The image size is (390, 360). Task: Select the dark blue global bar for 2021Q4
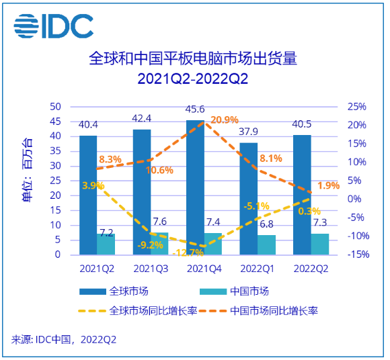(195, 187)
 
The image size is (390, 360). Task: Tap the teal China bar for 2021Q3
(159, 243)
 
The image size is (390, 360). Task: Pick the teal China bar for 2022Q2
(319, 244)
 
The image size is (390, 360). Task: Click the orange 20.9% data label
(224, 120)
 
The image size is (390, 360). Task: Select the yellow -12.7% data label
(187, 253)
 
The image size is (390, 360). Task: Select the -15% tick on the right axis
(356, 255)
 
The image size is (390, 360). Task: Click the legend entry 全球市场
(114, 291)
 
